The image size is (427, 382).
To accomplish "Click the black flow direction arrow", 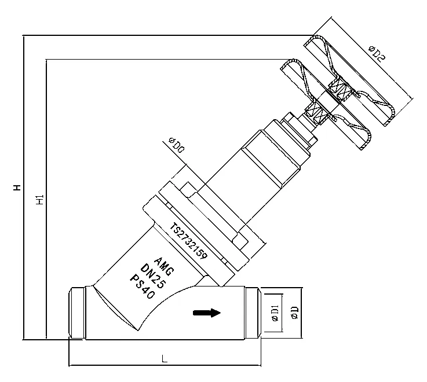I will (x=207, y=313).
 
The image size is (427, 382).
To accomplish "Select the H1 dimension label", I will (x=39, y=200).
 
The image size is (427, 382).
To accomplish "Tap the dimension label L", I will (x=165, y=359).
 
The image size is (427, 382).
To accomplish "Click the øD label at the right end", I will (x=294, y=313).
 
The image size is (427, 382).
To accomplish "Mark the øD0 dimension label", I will (x=176, y=145).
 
